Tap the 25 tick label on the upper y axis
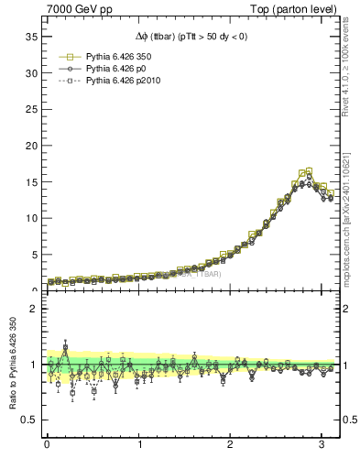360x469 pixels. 31,109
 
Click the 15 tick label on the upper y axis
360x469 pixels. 31,181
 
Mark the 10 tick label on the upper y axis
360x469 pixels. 31,218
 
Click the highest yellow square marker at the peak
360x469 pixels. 309,171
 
